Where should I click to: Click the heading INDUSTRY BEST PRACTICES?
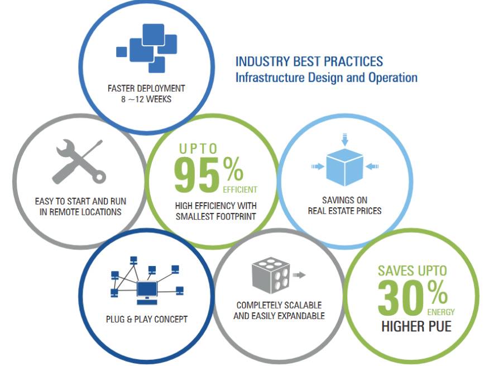click(309, 61)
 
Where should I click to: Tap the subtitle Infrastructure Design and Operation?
click(326, 78)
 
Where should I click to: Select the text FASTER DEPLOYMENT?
click(146, 88)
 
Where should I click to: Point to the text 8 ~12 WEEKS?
click(146, 99)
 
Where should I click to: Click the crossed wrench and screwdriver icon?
click(79, 161)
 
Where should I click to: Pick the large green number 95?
click(197, 175)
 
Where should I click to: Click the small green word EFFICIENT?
click(240, 189)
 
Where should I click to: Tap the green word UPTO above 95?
click(198, 149)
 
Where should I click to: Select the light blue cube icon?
click(344, 168)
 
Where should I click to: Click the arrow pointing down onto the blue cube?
click(344, 139)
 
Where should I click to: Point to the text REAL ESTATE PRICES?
click(344, 211)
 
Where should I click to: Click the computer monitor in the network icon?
click(147, 292)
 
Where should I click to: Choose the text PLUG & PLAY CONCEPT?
click(147, 319)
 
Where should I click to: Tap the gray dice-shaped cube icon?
click(271, 275)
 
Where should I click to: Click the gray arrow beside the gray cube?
click(299, 275)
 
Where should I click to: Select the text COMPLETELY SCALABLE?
click(279, 305)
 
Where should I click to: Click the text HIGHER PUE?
click(416, 326)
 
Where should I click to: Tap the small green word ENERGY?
click(441, 312)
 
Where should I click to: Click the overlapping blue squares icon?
click(147, 48)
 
